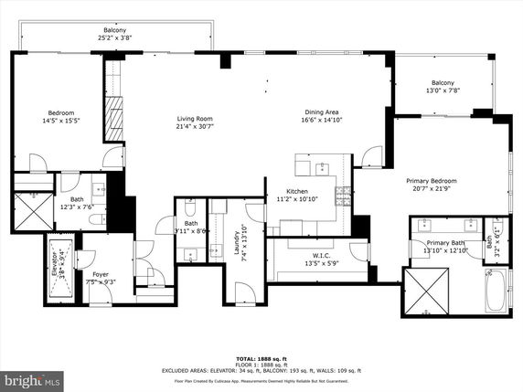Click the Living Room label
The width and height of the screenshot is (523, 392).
point(195,118)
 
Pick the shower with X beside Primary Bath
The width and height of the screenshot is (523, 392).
point(428,292)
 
